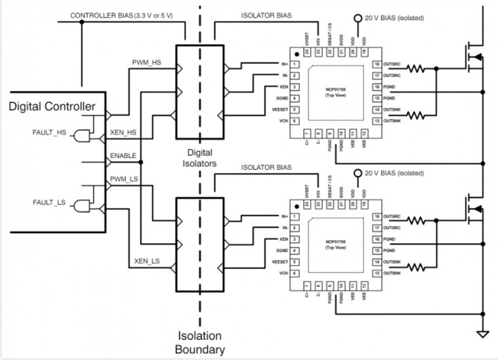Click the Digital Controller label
[x=52, y=107]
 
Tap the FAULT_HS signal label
[x=50, y=132]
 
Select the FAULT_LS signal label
[x=50, y=202]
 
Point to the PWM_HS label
[x=146, y=63]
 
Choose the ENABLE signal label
[x=123, y=155]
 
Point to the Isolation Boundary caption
[x=200, y=341]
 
